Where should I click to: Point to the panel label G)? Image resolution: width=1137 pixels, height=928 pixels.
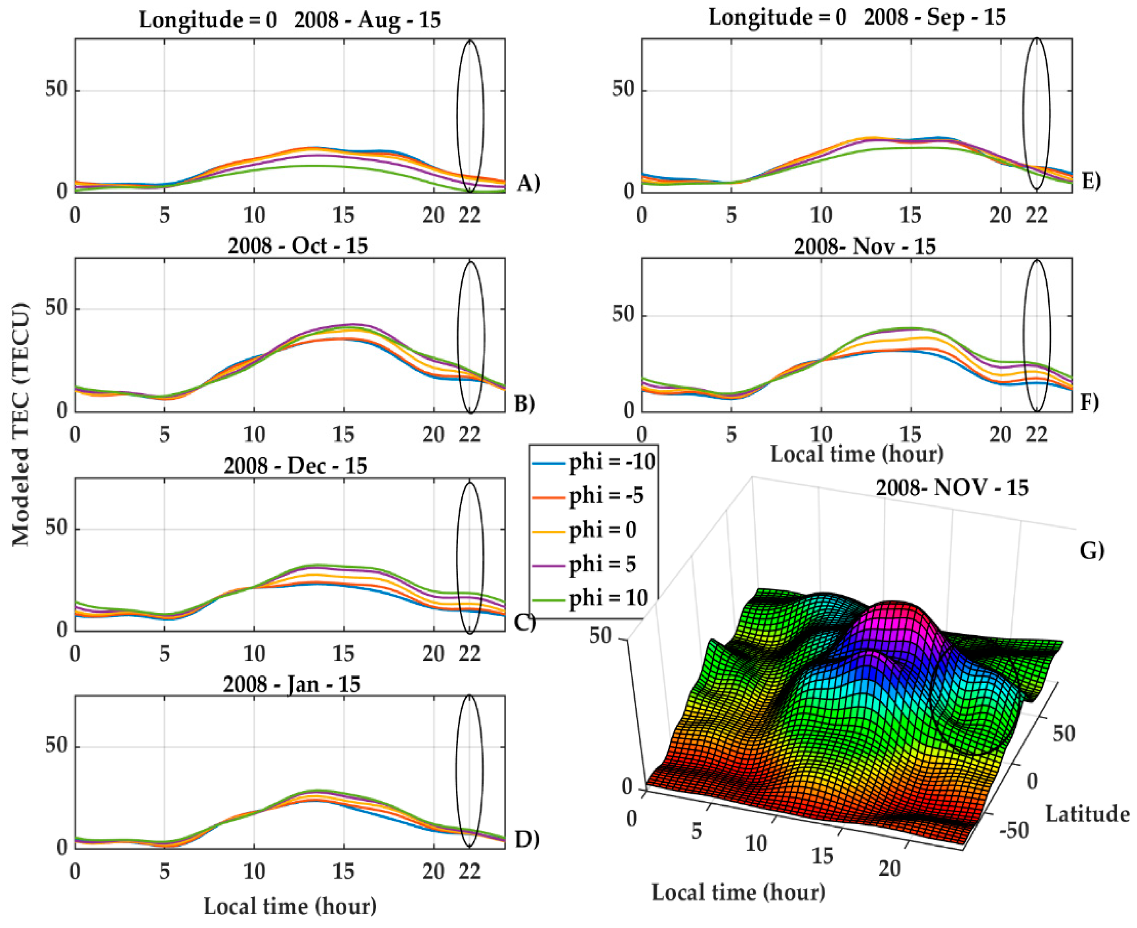1091,550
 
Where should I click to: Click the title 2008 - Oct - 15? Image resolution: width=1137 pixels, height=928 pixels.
298,246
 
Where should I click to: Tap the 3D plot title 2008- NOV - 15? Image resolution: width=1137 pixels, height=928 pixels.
952,487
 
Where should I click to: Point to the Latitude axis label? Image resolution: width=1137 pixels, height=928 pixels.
1087,814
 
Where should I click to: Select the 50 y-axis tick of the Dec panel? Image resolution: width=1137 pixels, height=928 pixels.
56,528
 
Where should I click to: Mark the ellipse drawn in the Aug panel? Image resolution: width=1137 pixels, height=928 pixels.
470,116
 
